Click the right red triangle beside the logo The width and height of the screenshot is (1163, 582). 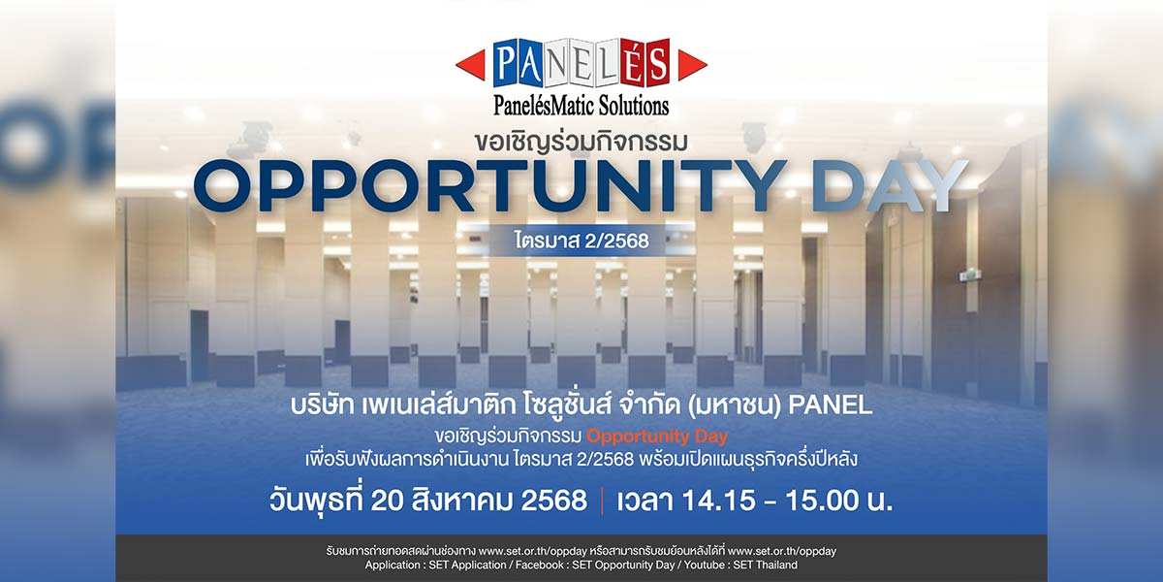point(691,65)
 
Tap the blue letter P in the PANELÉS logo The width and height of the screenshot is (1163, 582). point(505,63)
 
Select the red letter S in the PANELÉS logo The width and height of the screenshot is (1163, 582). point(658,63)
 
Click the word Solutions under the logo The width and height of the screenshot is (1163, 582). point(634,106)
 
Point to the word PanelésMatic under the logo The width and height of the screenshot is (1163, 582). point(545,106)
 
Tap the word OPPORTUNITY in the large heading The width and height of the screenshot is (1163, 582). point(490,185)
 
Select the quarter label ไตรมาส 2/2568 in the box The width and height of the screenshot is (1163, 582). point(581,241)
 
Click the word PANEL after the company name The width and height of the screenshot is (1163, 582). point(831,405)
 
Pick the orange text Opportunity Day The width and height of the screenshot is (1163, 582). point(657,436)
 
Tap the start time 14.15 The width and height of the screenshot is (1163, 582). point(718,501)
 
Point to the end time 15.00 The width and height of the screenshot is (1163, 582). point(822,501)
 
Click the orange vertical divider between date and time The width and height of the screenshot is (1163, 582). point(602,501)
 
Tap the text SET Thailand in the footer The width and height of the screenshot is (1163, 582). point(766,565)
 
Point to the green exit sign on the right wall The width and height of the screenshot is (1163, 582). point(969,275)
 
